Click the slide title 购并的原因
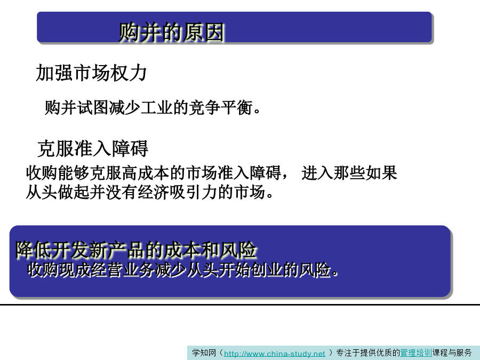point(171,32)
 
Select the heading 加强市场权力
point(91,73)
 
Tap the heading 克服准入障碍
point(93,148)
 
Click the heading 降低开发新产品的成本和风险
point(136,250)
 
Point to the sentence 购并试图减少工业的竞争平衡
point(153,107)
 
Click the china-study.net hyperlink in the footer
point(274,354)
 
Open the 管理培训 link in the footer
point(416,353)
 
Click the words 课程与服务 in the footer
point(452,353)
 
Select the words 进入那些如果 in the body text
point(349,173)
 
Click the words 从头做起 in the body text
point(58,192)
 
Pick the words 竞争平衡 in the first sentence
point(221,107)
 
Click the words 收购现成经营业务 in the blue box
point(91,270)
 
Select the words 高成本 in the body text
point(146,173)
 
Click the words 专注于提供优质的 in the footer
point(368,353)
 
